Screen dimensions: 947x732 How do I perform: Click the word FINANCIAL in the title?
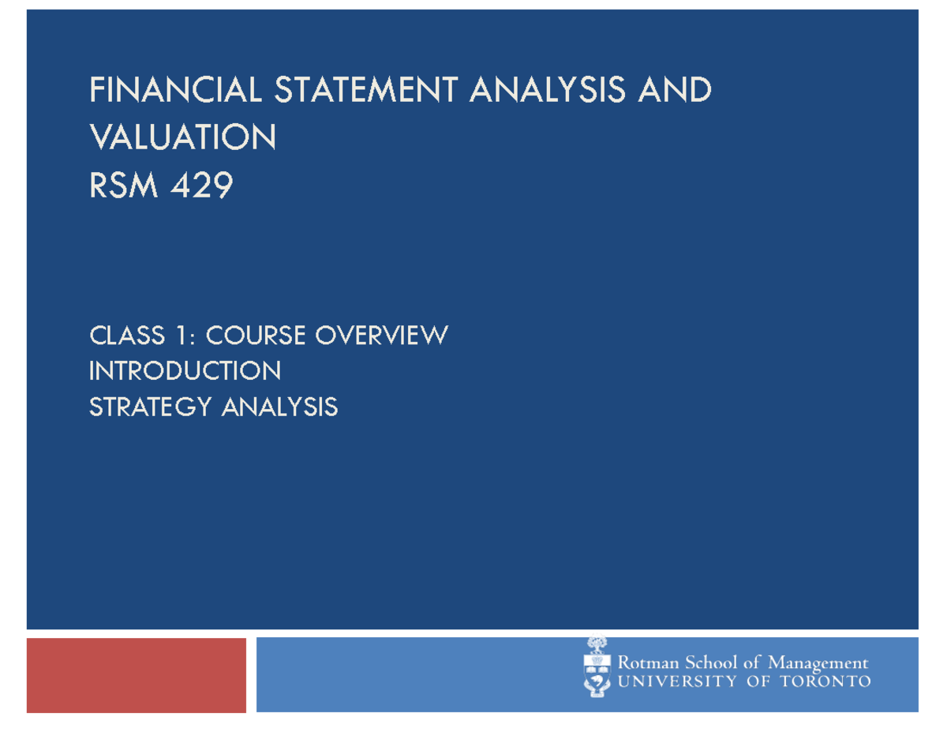click(175, 89)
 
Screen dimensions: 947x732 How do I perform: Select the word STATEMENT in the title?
click(366, 89)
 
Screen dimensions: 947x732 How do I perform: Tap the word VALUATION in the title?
click(182, 137)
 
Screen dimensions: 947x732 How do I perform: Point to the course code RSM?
click(123, 185)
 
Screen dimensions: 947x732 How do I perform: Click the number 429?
click(202, 185)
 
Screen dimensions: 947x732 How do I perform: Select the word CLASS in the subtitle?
click(127, 336)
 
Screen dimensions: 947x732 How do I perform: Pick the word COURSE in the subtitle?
click(256, 336)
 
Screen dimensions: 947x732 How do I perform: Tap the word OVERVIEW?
click(382, 336)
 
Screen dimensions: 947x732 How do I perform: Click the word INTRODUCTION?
click(185, 371)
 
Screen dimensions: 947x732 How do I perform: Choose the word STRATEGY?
click(151, 407)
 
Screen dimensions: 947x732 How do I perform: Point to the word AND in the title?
click(674, 89)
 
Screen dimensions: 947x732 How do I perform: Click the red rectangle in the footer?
click(137, 675)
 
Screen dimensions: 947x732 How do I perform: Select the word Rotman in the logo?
click(649, 663)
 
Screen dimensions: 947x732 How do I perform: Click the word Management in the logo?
click(818, 663)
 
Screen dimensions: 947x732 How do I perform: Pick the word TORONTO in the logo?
click(825, 681)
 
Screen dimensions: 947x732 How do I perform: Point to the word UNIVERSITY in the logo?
click(677, 681)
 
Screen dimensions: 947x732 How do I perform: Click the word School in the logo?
click(711, 663)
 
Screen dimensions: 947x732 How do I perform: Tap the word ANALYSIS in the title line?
click(548, 89)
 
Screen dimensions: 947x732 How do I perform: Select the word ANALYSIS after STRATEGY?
click(280, 407)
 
